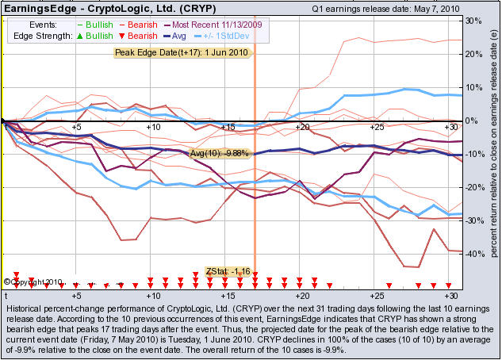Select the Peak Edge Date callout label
click(x=182, y=52)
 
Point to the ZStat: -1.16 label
click(x=228, y=271)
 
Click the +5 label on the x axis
click(x=76, y=127)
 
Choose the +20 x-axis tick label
click(x=301, y=127)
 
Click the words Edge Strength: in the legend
click(x=42, y=36)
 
